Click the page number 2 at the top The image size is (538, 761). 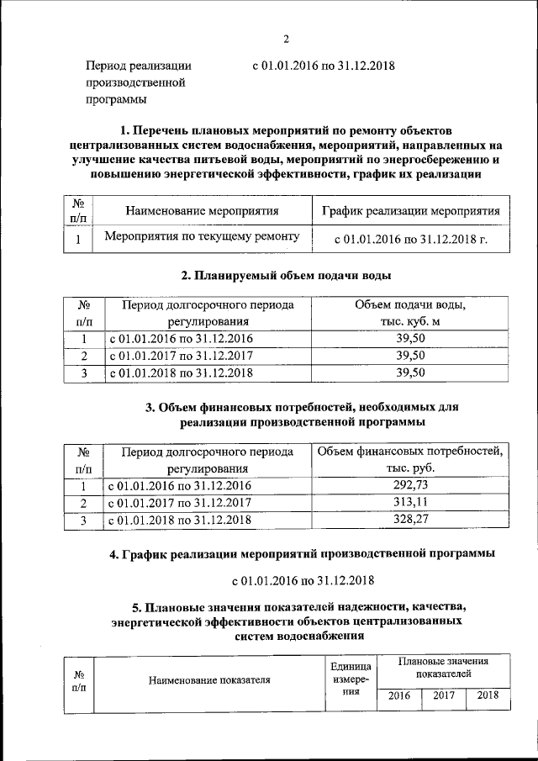(x=286, y=39)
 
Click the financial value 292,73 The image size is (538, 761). (x=410, y=485)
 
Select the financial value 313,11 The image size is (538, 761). (x=410, y=503)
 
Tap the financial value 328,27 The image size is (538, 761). (x=410, y=521)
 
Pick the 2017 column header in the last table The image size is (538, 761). (x=443, y=695)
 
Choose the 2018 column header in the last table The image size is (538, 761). (x=488, y=695)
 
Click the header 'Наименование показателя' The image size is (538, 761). (x=209, y=681)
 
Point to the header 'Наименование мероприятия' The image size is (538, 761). (x=202, y=211)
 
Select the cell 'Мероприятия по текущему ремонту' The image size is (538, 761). (x=202, y=237)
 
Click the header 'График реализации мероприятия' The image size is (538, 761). (x=410, y=211)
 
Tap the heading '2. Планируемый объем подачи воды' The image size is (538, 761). (x=286, y=275)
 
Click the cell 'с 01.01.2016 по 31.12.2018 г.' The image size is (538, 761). (x=410, y=239)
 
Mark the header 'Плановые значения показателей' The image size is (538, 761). (x=442, y=668)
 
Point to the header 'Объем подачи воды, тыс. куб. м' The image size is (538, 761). (x=410, y=312)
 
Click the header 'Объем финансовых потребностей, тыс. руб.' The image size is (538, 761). (x=410, y=459)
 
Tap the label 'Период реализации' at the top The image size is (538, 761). (x=140, y=66)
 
